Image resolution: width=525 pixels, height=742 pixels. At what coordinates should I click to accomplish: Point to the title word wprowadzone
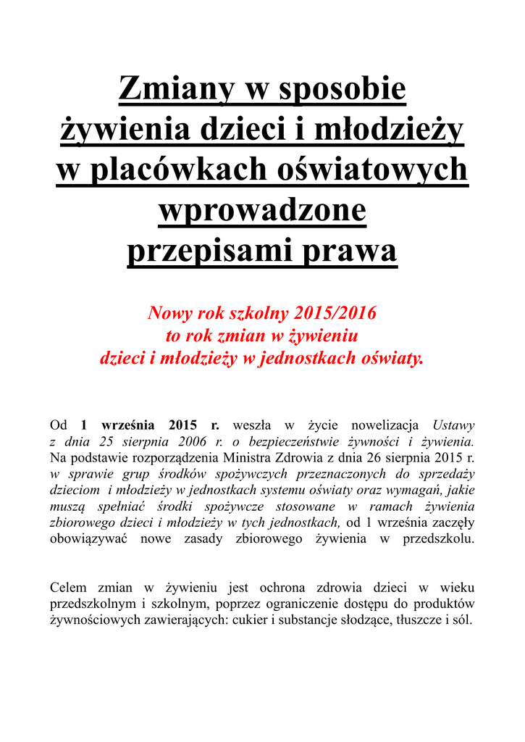tap(262, 211)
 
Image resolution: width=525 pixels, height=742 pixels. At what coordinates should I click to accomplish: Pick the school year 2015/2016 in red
tap(336, 313)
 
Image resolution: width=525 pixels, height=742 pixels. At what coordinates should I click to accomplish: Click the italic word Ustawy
tap(453, 425)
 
